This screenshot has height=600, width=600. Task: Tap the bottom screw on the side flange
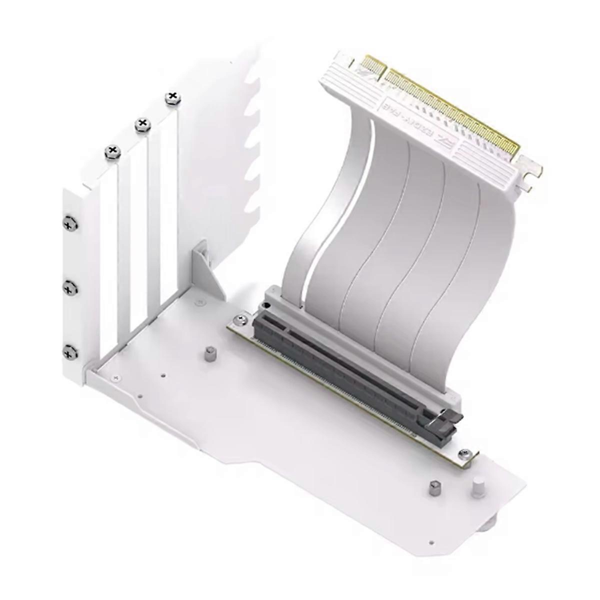[x=69, y=351]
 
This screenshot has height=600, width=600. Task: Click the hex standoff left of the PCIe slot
[x=208, y=355]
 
